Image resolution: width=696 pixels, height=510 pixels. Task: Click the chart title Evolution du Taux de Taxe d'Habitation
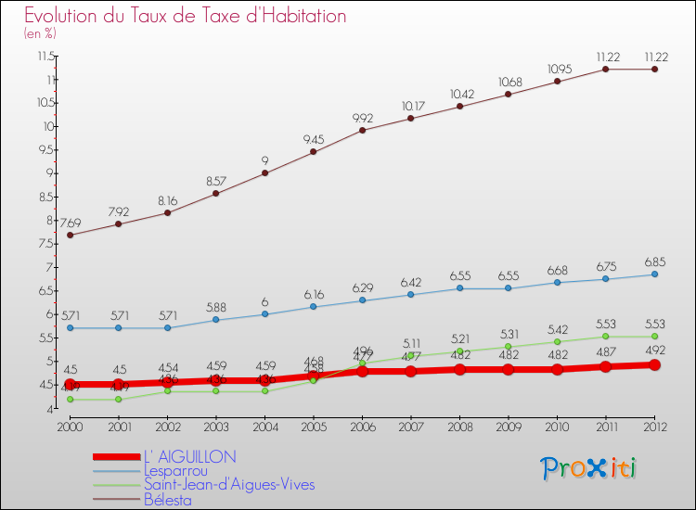pyautogui.click(x=186, y=16)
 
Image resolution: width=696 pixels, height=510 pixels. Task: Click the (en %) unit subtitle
pyautogui.click(x=40, y=34)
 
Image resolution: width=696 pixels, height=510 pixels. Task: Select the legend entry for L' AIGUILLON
pyautogui.click(x=190, y=456)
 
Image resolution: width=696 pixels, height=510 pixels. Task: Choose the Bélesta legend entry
pyautogui.click(x=168, y=500)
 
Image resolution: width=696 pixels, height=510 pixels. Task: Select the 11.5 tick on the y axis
pyautogui.click(x=45, y=57)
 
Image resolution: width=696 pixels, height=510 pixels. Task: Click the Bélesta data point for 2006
pyautogui.click(x=362, y=130)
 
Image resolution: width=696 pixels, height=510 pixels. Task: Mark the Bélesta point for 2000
pyautogui.click(x=71, y=235)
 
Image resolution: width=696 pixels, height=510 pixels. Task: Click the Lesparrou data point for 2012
pyautogui.click(x=654, y=274)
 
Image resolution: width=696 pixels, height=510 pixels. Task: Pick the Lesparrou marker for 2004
pyautogui.click(x=265, y=314)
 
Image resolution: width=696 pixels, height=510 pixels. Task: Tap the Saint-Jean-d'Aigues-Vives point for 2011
pyautogui.click(x=606, y=337)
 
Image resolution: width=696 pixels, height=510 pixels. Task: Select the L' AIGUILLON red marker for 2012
pyautogui.click(x=654, y=365)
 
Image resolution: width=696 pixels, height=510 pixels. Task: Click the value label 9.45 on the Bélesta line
pyautogui.click(x=314, y=139)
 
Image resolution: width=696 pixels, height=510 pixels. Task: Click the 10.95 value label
pyautogui.click(x=558, y=69)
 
